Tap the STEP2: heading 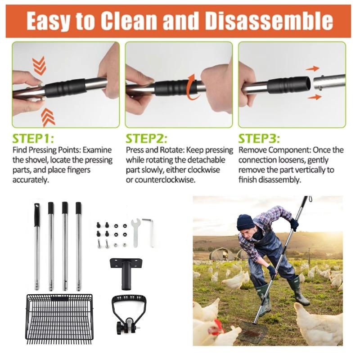pos(146,138)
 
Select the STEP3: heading pos(259,138)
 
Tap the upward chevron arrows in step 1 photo pos(48,117)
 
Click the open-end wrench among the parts pos(135,231)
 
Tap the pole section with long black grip pos(37,245)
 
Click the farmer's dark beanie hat pos(245,221)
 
